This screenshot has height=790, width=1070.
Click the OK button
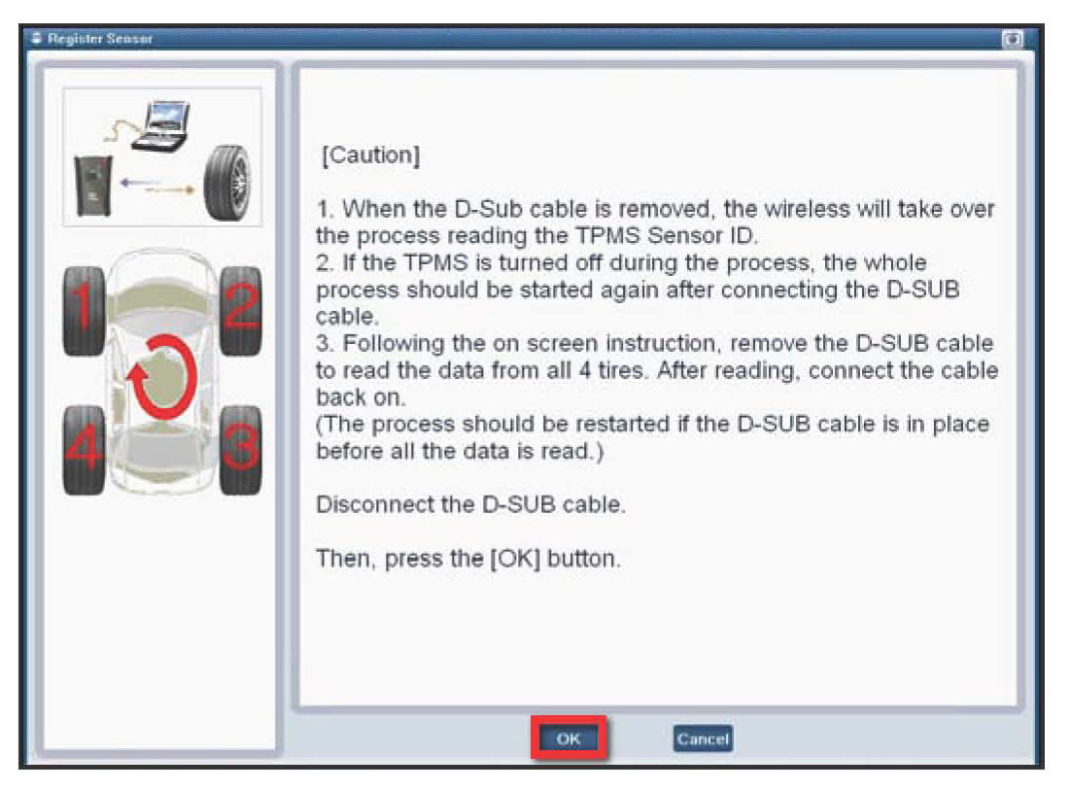pos(569,738)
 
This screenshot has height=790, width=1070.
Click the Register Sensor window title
pos(100,39)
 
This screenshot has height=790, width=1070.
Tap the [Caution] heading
pos(370,155)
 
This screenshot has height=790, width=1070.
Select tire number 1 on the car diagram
pos(84,310)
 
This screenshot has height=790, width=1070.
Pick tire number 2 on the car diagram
pos(241,310)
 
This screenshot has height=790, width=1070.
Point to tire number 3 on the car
pos(241,450)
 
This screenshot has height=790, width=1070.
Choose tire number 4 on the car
pos(84,450)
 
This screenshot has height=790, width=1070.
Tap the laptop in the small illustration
pos(161,124)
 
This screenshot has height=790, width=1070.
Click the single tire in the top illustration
pos(228,183)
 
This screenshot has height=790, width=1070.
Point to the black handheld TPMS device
pos(93,186)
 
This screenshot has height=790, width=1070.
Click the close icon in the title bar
pos(1013,39)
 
